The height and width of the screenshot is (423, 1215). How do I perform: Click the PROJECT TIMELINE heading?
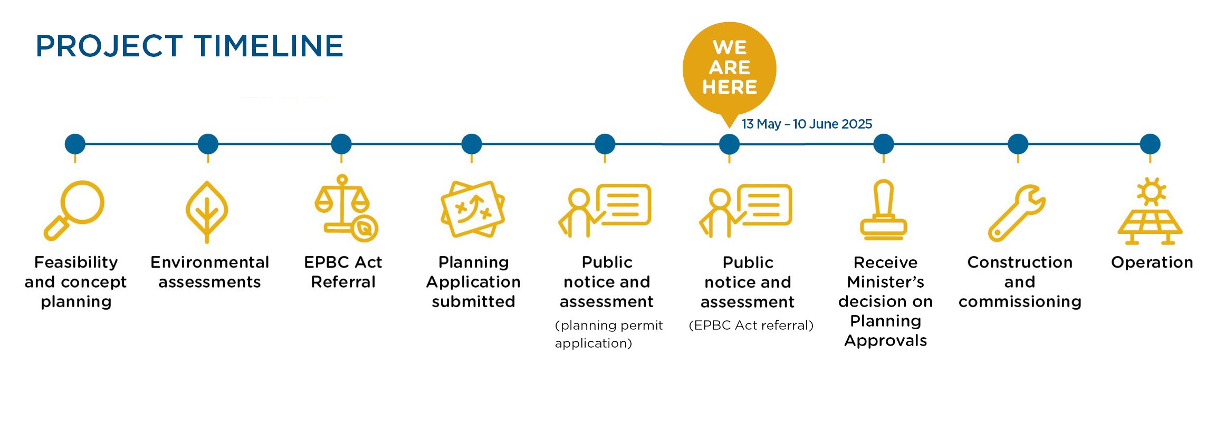click(x=189, y=46)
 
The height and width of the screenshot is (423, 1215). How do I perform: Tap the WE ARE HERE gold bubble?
click(x=729, y=68)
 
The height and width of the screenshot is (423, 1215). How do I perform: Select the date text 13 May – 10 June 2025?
click(x=806, y=124)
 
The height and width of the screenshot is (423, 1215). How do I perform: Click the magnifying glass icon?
click(x=74, y=210)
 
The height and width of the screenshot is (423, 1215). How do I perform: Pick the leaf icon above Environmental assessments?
click(x=207, y=211)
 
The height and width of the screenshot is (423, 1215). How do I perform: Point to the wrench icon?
click(x=1017, y=212)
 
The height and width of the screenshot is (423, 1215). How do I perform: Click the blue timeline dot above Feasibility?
click(x=75, y=144)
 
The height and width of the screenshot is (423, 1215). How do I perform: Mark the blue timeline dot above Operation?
click(x=1150, y=144)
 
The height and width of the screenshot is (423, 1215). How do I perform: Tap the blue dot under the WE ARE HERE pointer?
click(x=729, y=144)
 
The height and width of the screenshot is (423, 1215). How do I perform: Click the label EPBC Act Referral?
click(x=343, y=272)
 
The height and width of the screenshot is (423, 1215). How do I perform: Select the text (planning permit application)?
click(x=608, y=334)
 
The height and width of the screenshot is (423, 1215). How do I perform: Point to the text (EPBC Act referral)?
click(x=751, y=325)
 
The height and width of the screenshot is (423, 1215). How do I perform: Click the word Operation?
click(x=1152, y=262)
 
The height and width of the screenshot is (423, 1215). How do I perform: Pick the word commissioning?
click(x=1020, y=302)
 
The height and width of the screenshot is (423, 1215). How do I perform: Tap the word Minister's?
click(x=885, y=282)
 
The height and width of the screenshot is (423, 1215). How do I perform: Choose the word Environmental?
click(x=209, y=262)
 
